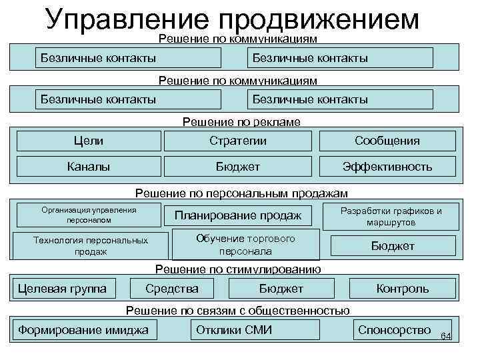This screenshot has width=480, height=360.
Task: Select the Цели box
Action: (89, 141)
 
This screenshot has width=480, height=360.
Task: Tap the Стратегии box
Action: (238, 141)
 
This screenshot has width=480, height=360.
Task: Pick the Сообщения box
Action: (387, 141)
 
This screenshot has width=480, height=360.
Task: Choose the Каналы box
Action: (89, 167)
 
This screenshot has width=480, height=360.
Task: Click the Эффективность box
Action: (387, 167)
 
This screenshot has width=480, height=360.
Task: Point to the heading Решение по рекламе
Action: (241, 122)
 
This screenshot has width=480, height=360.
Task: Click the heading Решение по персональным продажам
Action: (241, 193)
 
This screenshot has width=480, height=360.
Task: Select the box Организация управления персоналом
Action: (89, 214)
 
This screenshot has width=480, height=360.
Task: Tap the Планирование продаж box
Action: (238, 215)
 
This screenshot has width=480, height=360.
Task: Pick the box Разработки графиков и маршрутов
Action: (391, 216)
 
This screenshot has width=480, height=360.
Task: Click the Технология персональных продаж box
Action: (91, 245)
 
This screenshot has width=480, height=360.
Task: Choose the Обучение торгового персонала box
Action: (245, 245)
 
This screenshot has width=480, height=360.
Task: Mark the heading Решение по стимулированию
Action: (238, 269)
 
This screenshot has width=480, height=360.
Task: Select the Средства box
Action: (172, 289)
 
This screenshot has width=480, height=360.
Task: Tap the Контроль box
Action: (403, 289)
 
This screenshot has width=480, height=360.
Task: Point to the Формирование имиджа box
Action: (83, 330)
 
